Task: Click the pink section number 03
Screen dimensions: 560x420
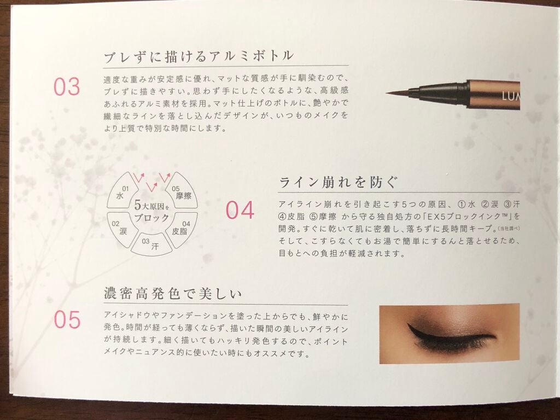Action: point(67,87)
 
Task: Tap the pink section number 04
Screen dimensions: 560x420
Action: point(240,210)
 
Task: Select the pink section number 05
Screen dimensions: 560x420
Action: point(67,319)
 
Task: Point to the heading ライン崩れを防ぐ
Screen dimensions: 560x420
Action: point(337,182)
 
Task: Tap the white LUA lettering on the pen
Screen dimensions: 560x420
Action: point(511,96)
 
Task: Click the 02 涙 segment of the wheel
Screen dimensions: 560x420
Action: point(120,228)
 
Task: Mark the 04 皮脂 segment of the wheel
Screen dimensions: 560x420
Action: point(182,229)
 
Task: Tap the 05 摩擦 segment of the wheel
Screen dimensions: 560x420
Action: point(182,192)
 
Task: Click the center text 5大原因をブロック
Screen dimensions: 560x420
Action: point(152,212)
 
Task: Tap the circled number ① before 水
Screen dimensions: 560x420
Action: point(462,205)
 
